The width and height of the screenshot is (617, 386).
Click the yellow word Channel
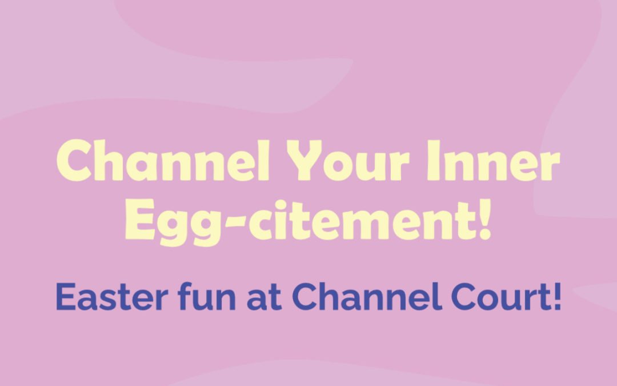[163, 160]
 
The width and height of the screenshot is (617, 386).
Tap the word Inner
[494, 160]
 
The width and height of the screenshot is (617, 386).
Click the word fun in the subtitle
[207, 296]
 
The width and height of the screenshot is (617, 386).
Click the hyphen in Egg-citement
[236, 221]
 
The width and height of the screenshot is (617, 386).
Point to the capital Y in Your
[304, 160]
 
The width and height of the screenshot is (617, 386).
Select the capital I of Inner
[434, 160]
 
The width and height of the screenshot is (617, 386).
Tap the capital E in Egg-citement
[140, 219]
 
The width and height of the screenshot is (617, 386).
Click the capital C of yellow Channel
[74, 160]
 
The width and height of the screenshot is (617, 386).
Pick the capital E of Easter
[66, 297]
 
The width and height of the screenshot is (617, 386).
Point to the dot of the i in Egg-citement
[281, 205]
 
